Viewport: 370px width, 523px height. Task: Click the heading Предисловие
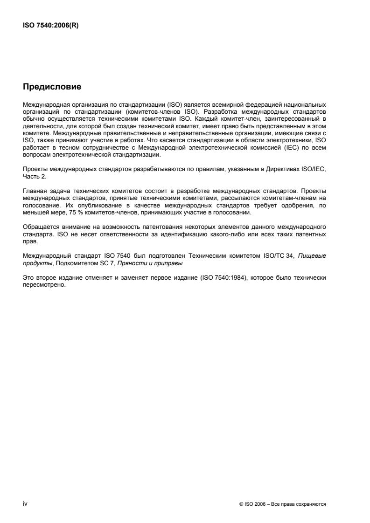tap(52, 86)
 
